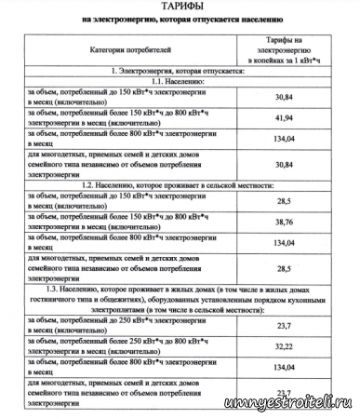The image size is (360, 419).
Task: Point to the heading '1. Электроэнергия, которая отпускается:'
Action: (x=180, y=71)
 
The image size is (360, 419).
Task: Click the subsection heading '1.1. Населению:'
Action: (x=180, y=83)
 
